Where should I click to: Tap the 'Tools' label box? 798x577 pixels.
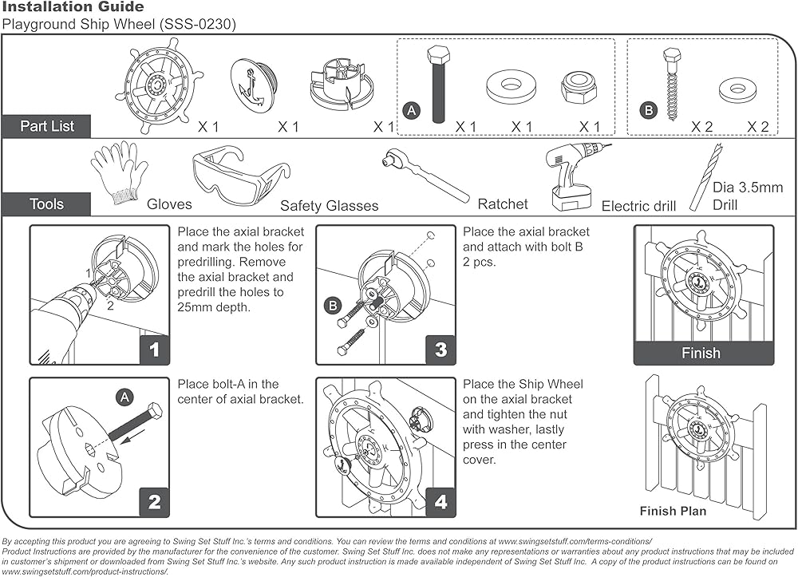pos(46,204)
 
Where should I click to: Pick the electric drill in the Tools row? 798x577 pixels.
pos(575,176)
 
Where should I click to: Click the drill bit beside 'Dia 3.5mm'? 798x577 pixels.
pos(705,176)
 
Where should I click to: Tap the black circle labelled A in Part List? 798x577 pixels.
pos(412,112)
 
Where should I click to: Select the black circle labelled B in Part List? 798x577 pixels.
pos(648,112)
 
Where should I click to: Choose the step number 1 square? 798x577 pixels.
pos(154,350)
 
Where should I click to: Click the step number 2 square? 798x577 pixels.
pos(154,502)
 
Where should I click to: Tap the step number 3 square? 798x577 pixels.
pos(440,350)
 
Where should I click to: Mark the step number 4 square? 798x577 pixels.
pos(440,502)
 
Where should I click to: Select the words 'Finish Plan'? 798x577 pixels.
pos(673,512)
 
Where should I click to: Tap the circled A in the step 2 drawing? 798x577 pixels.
pos(124,397)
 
